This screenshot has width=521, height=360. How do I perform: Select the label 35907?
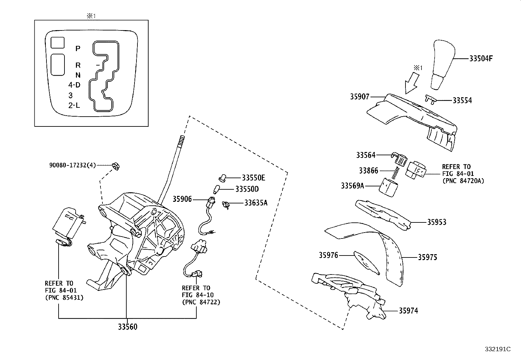(359, 97)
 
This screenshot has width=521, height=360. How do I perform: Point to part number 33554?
(462, 101)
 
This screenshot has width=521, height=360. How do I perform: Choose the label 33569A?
(352, 186)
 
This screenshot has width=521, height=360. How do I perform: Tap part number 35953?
(437, 222)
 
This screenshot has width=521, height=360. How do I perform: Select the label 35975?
(427, 257)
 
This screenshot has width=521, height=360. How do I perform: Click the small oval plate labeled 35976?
(366, 261)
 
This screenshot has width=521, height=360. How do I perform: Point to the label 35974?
(408, 311)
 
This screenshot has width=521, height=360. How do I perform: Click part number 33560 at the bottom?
(128, 327)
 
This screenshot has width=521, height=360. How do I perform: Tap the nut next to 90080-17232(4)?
(116, 166)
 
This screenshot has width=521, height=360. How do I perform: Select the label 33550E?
(253, 178)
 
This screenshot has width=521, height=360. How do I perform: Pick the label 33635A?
(256, 203)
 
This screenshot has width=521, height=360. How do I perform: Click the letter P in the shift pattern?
(78, 48)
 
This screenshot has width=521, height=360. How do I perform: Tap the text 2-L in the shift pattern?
(74, 105)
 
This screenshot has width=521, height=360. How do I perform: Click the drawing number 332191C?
(498, 349)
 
